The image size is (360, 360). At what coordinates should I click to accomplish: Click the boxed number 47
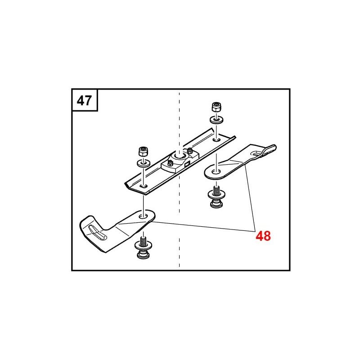click(x=84, y=100)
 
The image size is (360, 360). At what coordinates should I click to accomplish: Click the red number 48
click(x=263, y=236)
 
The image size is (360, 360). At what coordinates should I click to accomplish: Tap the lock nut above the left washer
click(x=143, y=151)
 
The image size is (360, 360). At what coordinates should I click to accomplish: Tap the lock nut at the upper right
click(x=216, y=107)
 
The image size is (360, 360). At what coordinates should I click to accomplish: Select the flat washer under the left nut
click(x=144, y=163)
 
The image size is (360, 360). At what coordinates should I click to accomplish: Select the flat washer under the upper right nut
click(x=216, y=120)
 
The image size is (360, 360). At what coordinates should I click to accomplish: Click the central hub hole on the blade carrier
click(x=179, y=156)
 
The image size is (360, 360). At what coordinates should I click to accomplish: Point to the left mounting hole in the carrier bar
click(x=144, y=185)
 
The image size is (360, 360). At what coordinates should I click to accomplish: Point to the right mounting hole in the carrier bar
click(x=216, y=139)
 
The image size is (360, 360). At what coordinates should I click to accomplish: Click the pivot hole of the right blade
click(x=216, y=171)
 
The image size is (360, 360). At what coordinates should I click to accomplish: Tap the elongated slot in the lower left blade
click(x=97, y=232)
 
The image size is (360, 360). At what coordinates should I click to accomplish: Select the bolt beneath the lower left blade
click(x=144, y=248)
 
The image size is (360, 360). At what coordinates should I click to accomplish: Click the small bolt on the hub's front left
click(x=170, y=163)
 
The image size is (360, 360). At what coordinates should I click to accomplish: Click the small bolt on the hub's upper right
click(x=189, y=151)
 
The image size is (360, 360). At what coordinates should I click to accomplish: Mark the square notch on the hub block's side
click(x=186, y=164)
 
